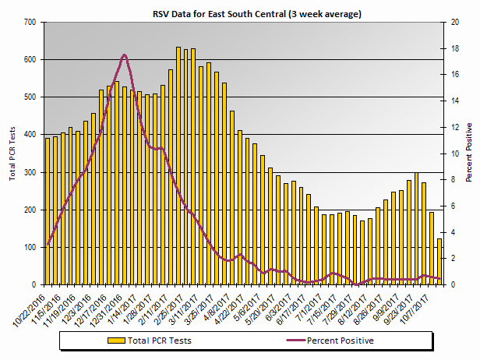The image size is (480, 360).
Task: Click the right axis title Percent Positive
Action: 469,152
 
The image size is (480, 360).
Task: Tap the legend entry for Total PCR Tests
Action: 161,341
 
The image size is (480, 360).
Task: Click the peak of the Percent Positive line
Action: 125,55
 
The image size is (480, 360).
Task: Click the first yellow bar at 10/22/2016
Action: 48,211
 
